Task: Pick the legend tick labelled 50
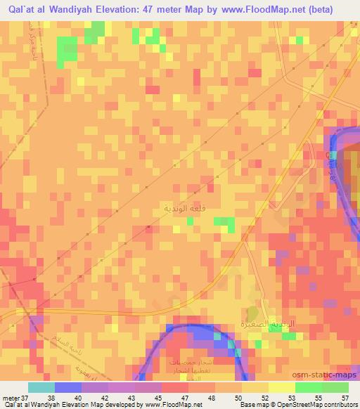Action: [x=226, y=398]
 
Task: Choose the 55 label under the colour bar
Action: [x=313, y=398]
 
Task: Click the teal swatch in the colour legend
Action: [x=41, y=387]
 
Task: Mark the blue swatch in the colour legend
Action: [x=67, y=387]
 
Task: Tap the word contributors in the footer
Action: [x=342, y=405]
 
